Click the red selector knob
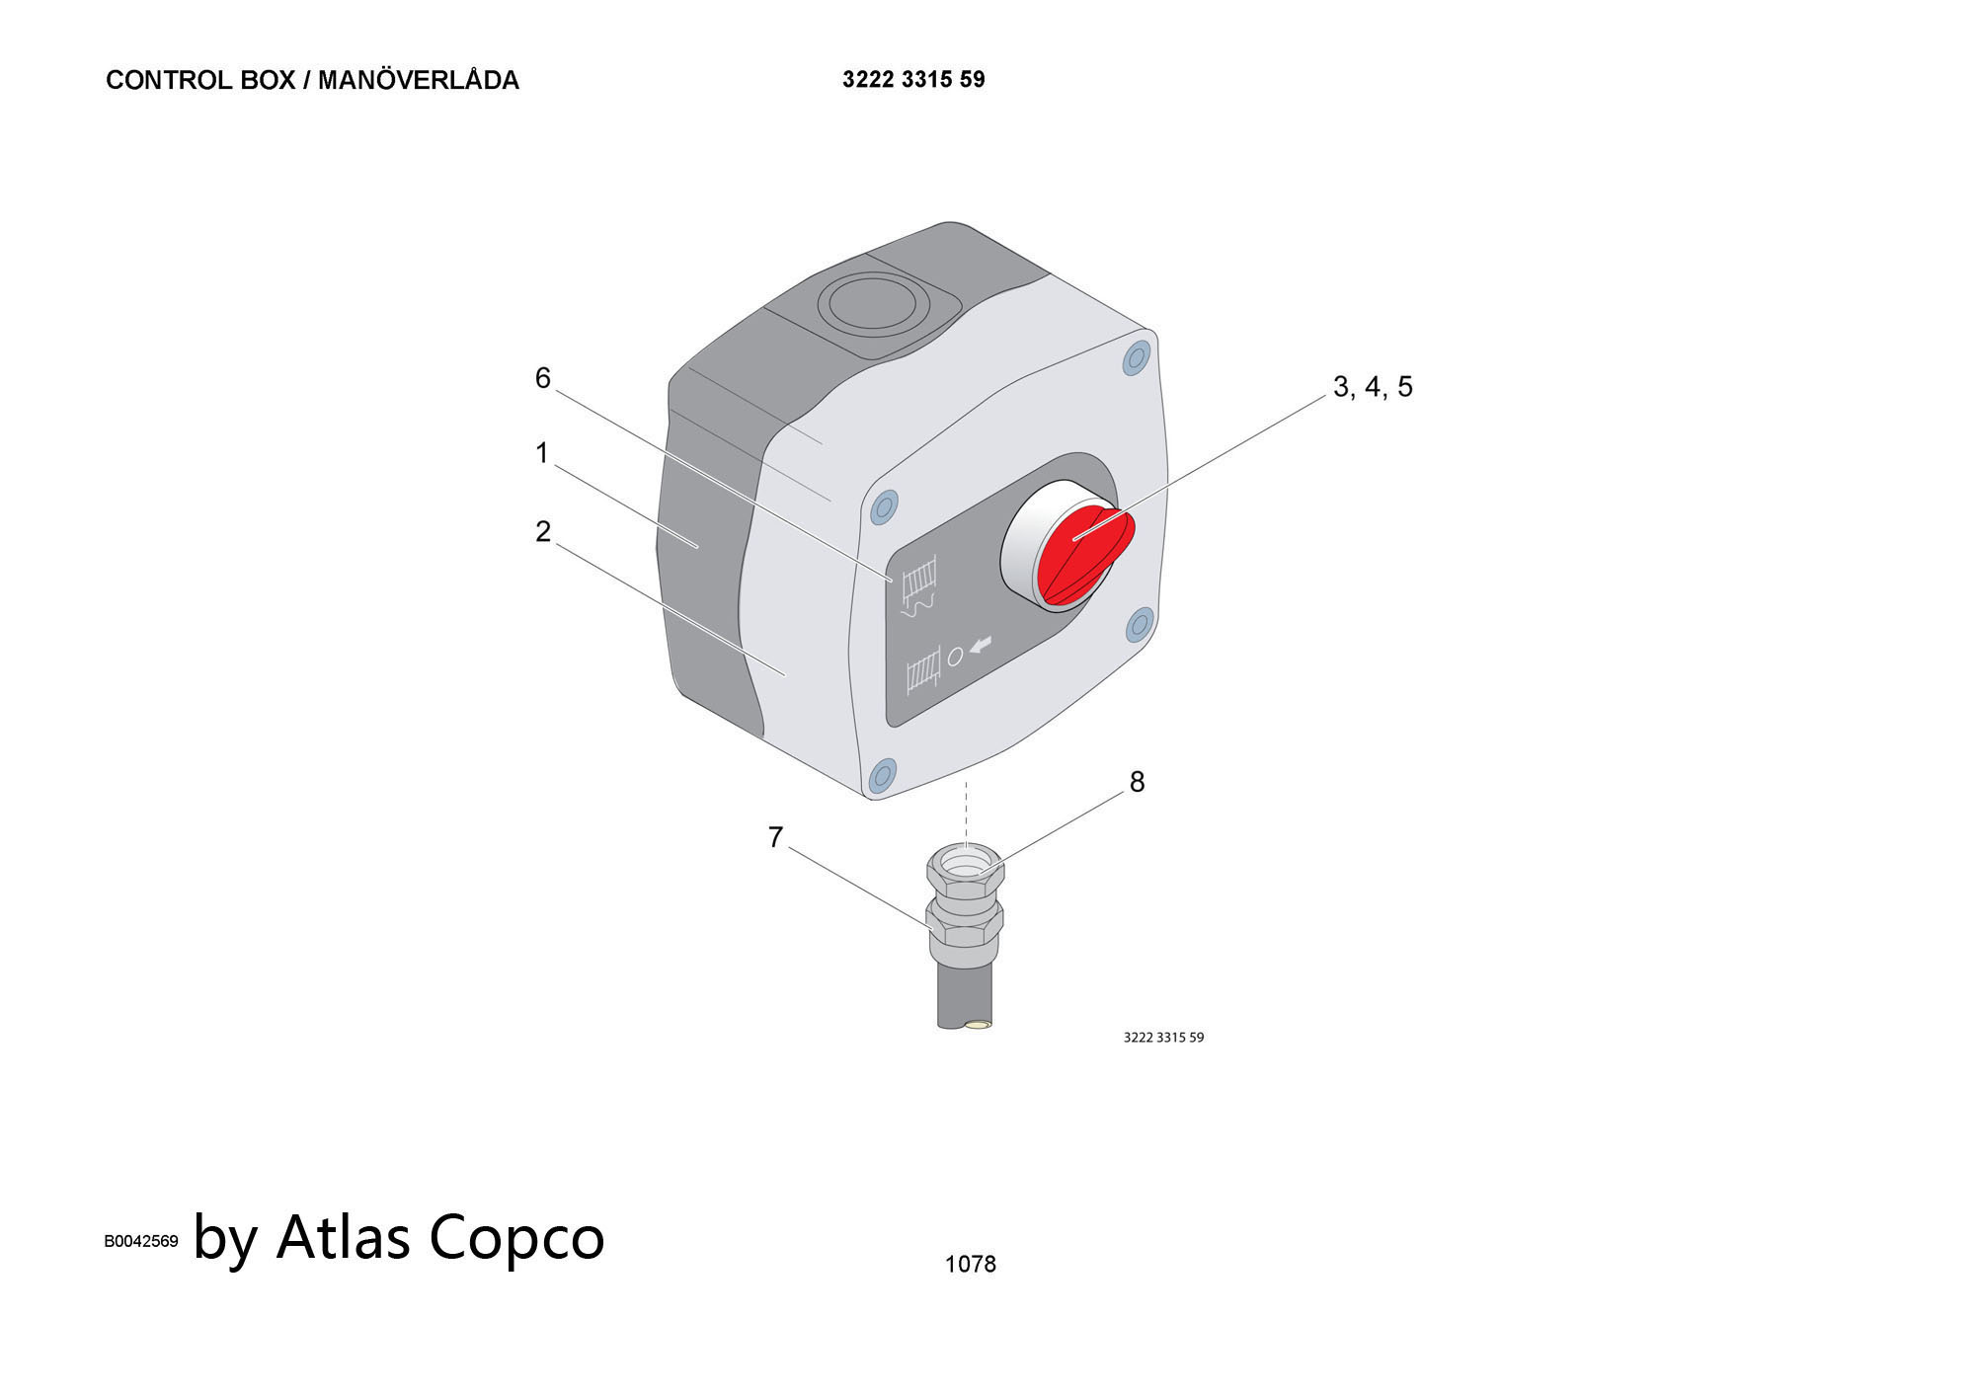click(x=1083, y=555)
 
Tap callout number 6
click(x=542, y=378)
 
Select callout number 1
click(x=541, y=453)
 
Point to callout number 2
click(x=542, y=532)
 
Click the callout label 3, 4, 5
click(x=1373, y=387)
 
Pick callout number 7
click(x=775, y=837)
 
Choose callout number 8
click(x=1137, y=782)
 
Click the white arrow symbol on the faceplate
click(x=981, y=646)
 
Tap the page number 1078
click(x=970, y=1265)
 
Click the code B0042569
click(x=141, y=1242)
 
